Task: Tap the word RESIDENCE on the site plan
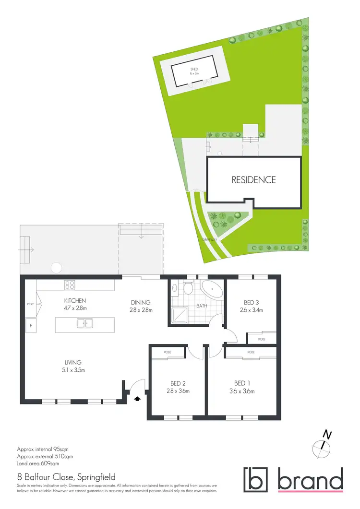[x=254, y=180]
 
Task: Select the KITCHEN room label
[x=75, y=301]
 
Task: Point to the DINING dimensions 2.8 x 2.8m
[x=141, y=310]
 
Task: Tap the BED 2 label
[x=178, y=383]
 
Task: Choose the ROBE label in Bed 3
[x=262, y=339]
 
